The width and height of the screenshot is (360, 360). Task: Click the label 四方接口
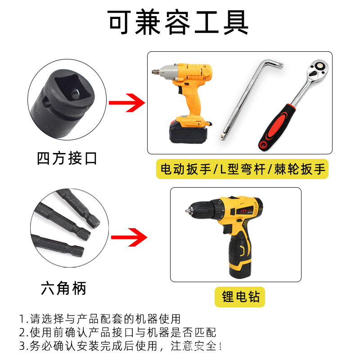(67, 158)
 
